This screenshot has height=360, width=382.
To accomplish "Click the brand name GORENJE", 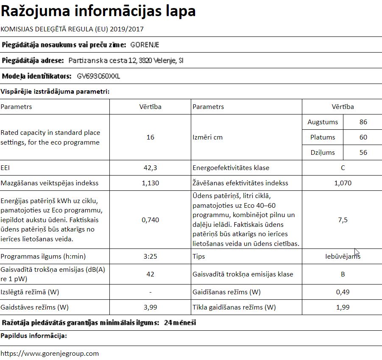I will pos(145,45).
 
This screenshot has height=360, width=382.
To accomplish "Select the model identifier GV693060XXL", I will pos(99,76).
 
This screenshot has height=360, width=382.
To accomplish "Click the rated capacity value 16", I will pos(150,137).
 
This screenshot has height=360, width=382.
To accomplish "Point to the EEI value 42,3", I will pos(150,168).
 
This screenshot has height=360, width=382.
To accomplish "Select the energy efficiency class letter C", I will pos(343,168).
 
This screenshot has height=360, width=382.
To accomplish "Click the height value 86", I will pos(363,122).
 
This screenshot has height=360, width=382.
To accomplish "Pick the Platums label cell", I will pos(322,137).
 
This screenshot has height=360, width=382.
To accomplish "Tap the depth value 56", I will pos(363,153).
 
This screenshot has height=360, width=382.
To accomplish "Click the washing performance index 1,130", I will pos(150,183).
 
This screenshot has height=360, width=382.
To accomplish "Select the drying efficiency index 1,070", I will pos(343,183).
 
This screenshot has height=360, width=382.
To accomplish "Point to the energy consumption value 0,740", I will pos(150,220).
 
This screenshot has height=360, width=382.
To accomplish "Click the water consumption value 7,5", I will pos(343,220).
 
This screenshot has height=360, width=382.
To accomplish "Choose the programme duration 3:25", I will pos(150,257).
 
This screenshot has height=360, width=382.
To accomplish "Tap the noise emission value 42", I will pos(150,274).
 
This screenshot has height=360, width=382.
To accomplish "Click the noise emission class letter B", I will pos(343,274).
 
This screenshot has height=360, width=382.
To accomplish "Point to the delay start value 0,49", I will pos(343,292).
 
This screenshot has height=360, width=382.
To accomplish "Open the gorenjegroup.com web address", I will pos(50,353).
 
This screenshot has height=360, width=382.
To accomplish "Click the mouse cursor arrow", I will pos(357,252).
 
